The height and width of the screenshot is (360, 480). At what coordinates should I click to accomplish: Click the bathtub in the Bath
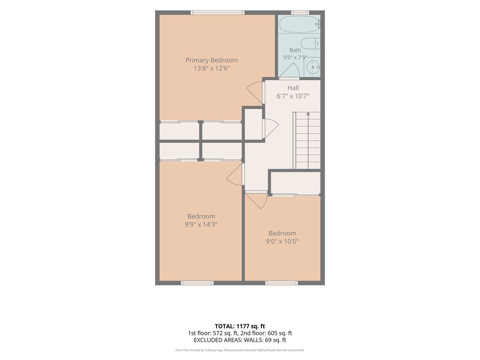[x=300, y=24]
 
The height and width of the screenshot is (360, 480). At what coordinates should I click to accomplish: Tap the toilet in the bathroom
[x=310, y=43]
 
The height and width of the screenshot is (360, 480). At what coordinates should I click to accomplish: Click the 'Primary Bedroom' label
[x=211, y=60]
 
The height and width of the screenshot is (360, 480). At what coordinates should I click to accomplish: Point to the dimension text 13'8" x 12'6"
[x=211, y=68]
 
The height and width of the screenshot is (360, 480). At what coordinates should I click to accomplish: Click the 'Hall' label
[x=293, y=88]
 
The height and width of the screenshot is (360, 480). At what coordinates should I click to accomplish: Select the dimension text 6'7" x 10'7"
[x=293, y=96]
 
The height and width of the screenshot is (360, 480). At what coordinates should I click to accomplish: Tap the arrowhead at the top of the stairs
[x=308, y=114]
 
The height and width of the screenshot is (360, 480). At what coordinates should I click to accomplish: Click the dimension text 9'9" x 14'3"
[x=201, y=224]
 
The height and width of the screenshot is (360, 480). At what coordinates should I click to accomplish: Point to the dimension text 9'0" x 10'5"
[x=282, y=241]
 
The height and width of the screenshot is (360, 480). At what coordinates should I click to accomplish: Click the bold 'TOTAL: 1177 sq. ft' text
[x=240, y=326]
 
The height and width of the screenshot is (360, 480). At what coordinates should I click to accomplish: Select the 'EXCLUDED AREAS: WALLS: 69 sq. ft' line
[x=240, y=340]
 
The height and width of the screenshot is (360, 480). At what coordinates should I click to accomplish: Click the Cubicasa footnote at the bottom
[x=240, y=350]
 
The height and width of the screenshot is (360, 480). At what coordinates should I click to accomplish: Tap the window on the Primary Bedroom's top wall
[x=217, y=13]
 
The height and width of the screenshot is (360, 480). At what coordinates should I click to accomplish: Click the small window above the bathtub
[x=300, y=13]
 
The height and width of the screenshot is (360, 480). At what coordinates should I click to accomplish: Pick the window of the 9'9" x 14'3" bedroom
[x=197, y=283]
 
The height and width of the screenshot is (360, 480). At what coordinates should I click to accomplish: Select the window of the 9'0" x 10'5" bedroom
[x=281, y=283]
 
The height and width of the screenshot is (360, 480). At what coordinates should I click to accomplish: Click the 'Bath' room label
[x=295, y=50]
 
